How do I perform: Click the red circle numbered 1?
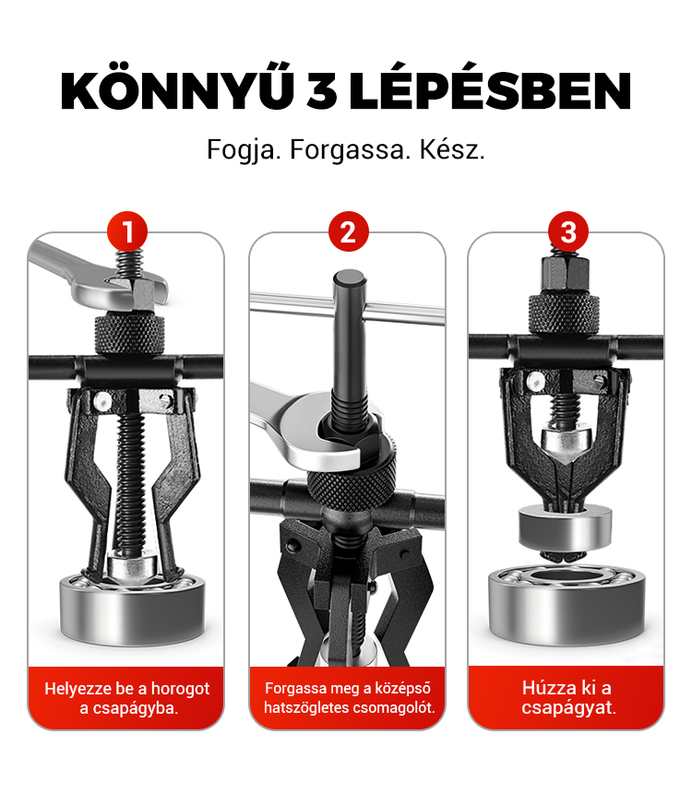[x=127, y=231]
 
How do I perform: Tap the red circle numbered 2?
[x=349, y=231]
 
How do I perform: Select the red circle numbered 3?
[x=567, y=231]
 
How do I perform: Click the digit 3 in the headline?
[x=322, y=92]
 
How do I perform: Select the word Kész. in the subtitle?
[x=452, y=150]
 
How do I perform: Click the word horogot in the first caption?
[x=180, y=689]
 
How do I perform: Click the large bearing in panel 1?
[x=132, y=610]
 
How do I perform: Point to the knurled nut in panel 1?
[x=129, y=334]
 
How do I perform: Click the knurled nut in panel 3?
[x=564, y=314]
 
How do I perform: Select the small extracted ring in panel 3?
[x=565, y=527]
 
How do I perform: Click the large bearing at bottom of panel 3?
[x=566, y=604]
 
